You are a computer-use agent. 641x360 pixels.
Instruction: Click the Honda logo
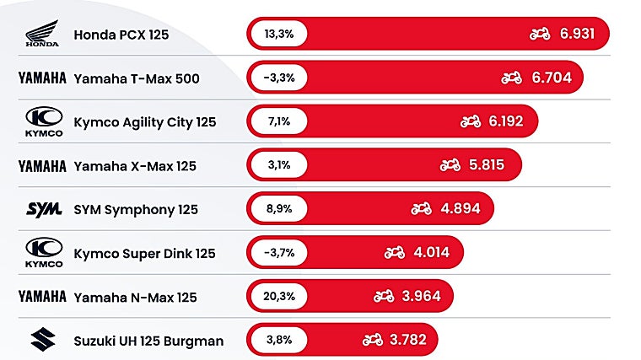(x=41, y=35)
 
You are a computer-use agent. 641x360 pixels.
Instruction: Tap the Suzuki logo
(x=41, y=341)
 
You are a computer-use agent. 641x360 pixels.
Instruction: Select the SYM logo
(x=41, y=209)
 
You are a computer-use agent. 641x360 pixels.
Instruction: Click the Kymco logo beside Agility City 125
(x=41, y=122)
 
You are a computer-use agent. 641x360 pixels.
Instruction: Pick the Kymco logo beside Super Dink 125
(x=41, y=253)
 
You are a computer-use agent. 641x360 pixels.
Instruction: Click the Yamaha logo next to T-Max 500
(x=42, y=78)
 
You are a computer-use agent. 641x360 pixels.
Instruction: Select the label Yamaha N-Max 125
(x=135, y=297)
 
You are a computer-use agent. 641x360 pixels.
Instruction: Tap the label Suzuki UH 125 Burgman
(x=148, y=341)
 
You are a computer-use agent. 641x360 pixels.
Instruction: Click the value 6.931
(x=578, y=35)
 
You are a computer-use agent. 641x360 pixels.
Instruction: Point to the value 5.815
(x=487, y=165)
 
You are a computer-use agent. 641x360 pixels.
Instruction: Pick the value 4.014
(x=431, y=253)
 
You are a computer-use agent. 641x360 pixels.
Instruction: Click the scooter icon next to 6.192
(x=470, y=122)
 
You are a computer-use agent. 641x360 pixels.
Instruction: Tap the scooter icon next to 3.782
(x=372, y=341)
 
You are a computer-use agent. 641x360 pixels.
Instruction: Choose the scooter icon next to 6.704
(x=511, y=78)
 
